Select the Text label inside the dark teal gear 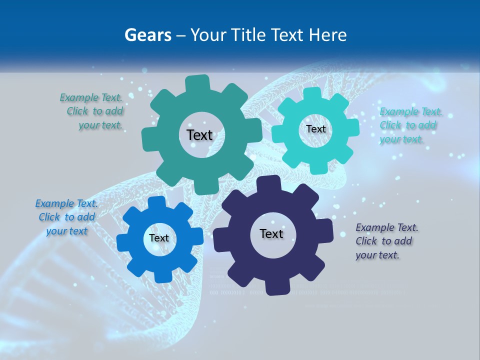pyautogui.click(x=199, y=135)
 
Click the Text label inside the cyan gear pyautogui.click(x=315, y=129)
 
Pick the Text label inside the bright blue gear pyautogui.click(x=159, y=238)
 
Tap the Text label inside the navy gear pyautogui.click(x=271, y=233)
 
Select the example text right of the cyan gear pyautogui.click(x=408, y=125)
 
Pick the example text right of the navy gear pyautogui.click(x=385, y=241)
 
